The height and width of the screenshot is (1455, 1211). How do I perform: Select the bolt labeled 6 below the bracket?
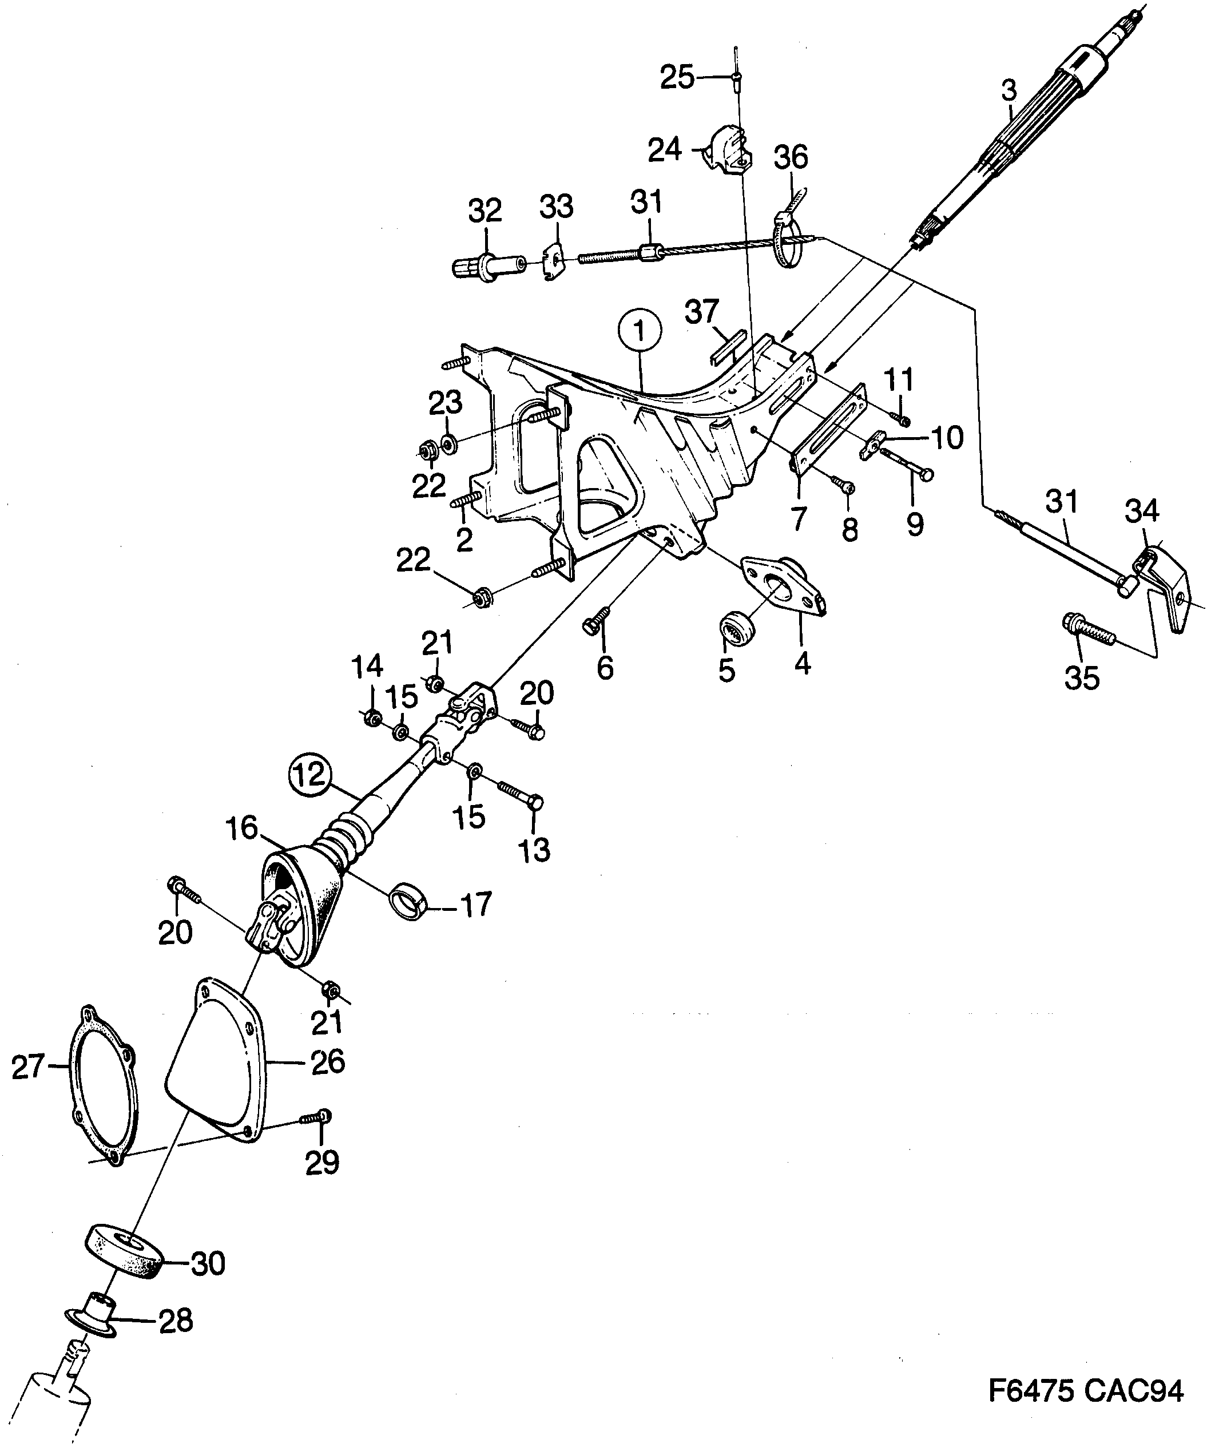click(597, 620)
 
